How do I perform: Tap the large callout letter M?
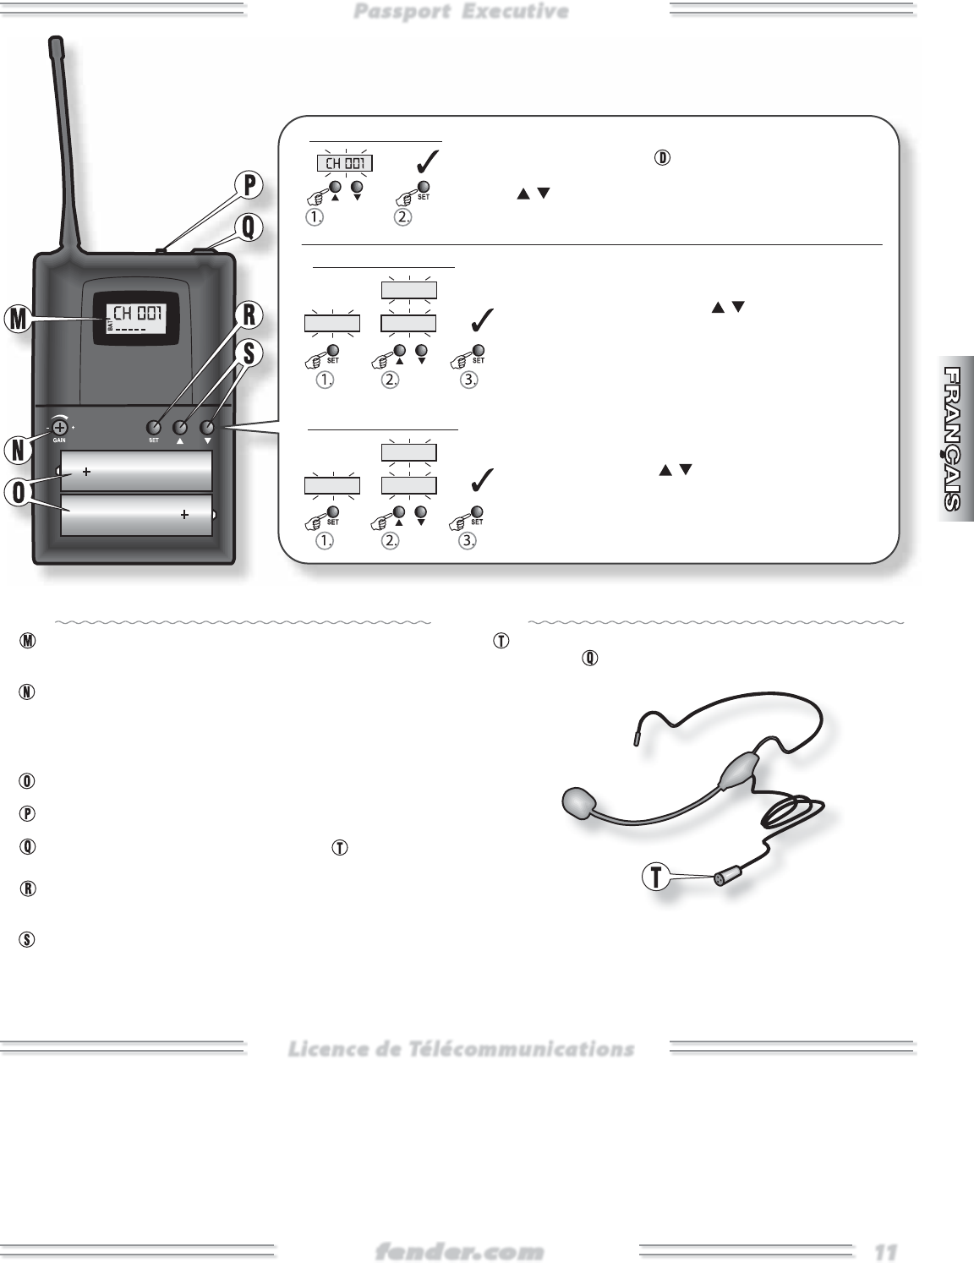coord(16,319)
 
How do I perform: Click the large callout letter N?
coord(16,451)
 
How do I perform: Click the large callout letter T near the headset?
coord(654,878)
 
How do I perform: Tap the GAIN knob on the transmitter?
coord(60,429)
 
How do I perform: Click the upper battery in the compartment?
coord(136,471)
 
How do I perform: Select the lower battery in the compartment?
coord(136,515)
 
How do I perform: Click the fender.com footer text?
coord(459,1250)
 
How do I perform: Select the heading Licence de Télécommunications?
coord(461,1049)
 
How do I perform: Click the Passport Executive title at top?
coord(461,11)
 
